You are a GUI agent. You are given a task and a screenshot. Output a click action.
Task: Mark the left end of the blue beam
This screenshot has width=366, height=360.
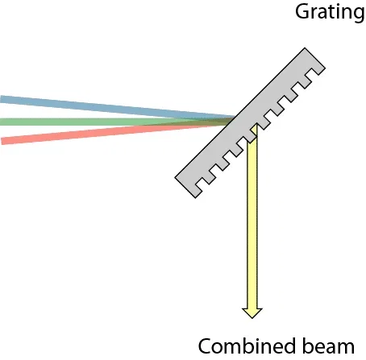point(2,99)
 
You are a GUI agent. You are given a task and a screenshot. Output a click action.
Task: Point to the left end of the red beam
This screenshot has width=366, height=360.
point(3,141)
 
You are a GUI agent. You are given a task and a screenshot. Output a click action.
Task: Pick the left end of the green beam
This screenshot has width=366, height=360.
point(2,122)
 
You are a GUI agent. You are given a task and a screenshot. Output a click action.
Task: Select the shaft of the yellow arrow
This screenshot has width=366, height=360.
point(252,217)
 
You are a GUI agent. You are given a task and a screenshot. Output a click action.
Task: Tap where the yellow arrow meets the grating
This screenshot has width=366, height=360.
point(252,127)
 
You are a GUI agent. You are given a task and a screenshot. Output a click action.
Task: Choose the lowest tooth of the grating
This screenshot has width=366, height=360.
point(201,184)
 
